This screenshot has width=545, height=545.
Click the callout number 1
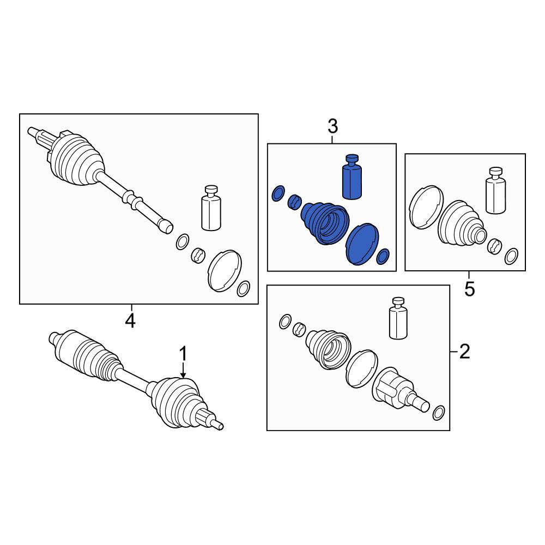pyautogui.click(x=183, y=354)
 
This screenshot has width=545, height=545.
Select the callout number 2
pyautogui.click(x=465, y=352)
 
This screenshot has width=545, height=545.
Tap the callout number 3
pyautogui.click(x=332, y=126)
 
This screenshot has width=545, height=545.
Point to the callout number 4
pyautogui.click(x=130, y=321)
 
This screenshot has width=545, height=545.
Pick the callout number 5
pyautogui.click(x=470, y=289)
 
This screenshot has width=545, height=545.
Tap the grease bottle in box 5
pyautogui.click(x=495, y=190)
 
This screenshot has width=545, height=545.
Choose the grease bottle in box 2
pyautogui.click(x=398, y=318)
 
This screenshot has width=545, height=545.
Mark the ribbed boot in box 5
pyautogui.click(x=462, y=222)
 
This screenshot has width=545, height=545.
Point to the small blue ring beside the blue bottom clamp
pyautogui.click(x=383, y=257)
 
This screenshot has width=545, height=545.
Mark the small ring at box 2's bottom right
pyautogui.click(x=439, y=413)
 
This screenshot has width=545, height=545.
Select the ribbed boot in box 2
pyautogui.click(x=328, y=349)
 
